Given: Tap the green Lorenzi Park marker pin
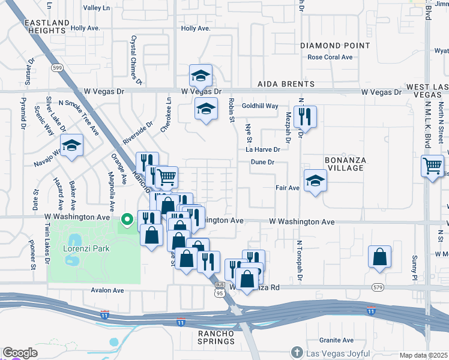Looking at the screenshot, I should coord(126,220).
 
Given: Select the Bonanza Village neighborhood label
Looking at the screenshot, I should coord(345,164).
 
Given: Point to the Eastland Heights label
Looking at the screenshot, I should coord(45,26).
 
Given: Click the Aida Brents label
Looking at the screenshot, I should coord(286,85).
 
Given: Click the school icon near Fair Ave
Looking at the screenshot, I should coord(315,181).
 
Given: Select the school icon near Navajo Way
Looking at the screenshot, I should coord(72,145).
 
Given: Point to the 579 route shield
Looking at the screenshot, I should coord(378,287).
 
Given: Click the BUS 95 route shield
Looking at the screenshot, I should coord(220,289).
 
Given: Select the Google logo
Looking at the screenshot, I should coord(20,353).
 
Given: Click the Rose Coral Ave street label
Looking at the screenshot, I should coord(330,58).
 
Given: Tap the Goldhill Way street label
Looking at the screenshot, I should coord(260,106).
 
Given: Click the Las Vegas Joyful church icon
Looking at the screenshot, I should coord(296,352).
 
